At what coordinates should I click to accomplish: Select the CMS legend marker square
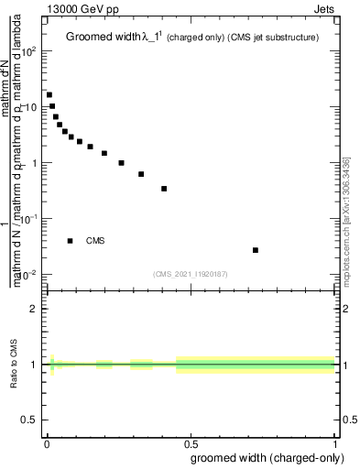click(71, 241)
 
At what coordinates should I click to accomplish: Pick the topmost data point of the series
click(49, 94)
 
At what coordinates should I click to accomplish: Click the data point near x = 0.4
click(164, 189)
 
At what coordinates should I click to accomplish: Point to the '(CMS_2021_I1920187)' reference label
click(191, 274)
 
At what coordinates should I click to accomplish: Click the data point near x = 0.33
click(141, 174)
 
